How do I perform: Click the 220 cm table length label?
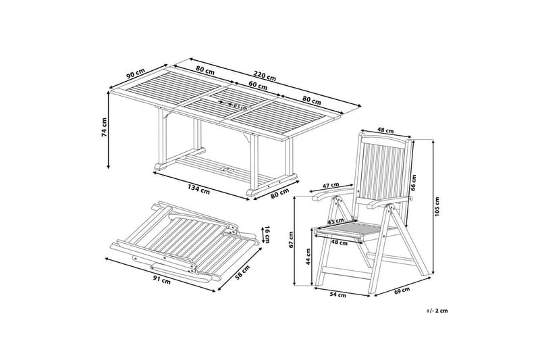(x=265, y=76)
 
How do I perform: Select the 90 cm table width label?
(x=136, y=74)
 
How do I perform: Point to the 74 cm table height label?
(x=105, y=128)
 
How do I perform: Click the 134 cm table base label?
(x=198, y=190)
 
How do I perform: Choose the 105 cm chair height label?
(x=437, y=207)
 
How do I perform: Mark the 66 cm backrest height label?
(x=414, y=182)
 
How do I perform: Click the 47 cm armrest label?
(x=331, y=185)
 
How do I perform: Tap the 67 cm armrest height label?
(x=291, y=240)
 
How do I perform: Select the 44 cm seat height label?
(x=308, y=256)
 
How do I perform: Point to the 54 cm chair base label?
(x=338, y=294)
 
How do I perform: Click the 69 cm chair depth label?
(x=402, y=290)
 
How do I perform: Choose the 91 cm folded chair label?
(x=161, y=281)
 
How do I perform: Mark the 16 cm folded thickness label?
(x=266, y=235)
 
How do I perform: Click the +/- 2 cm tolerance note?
(x=437, y=311)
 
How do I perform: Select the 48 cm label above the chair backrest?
(x=385, y=130)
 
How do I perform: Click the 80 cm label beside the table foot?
(x=279, y=193)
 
